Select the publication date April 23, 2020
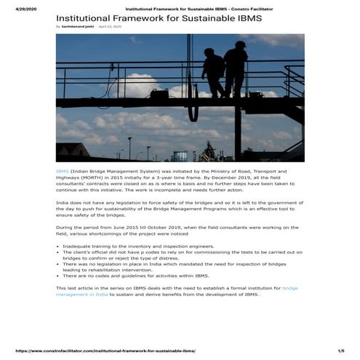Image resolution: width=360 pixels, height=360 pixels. click(110, 26)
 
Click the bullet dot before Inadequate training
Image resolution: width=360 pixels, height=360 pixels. click(57, 247)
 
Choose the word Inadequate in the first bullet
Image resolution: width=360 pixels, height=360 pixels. click(76, 247)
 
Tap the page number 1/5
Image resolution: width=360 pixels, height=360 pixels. click(340, 351)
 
